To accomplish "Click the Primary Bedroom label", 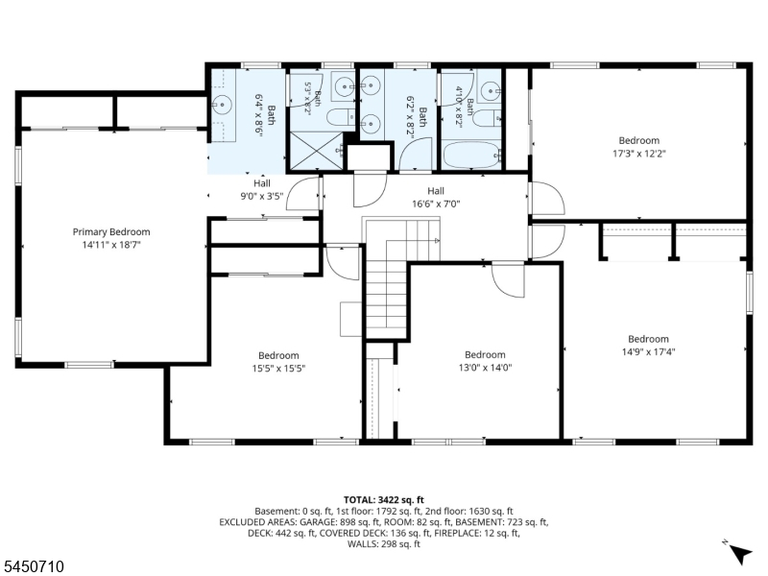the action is (x=111, y=231).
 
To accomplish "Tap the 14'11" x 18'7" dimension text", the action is (x=111, y=245).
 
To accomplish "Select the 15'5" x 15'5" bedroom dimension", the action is (x=278, y=368).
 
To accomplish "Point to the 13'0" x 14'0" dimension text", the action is (x=485, y=368).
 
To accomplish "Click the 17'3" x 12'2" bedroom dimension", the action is (x=639, y=154).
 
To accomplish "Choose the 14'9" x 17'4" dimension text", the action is (x=649, y=351).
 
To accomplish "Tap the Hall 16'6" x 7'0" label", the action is (x=436, y=197).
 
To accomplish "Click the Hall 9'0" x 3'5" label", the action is (x=262, y=190).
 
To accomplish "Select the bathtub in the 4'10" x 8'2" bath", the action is (x=472, y=155).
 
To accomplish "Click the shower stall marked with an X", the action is (x=317, y=151).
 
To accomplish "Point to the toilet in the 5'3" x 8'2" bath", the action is (x=340, y=117).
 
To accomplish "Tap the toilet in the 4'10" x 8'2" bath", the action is (x=488, y=118).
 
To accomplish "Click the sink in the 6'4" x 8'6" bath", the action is (x=223, y=105).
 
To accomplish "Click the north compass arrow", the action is (x=741, y=554).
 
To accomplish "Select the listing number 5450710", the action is (x=32, y=566).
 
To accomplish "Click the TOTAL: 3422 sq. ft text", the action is (x=383, y=500).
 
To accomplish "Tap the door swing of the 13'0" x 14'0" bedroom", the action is (x=509, y=280).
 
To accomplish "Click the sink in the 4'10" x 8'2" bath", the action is (x=491, y=90).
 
